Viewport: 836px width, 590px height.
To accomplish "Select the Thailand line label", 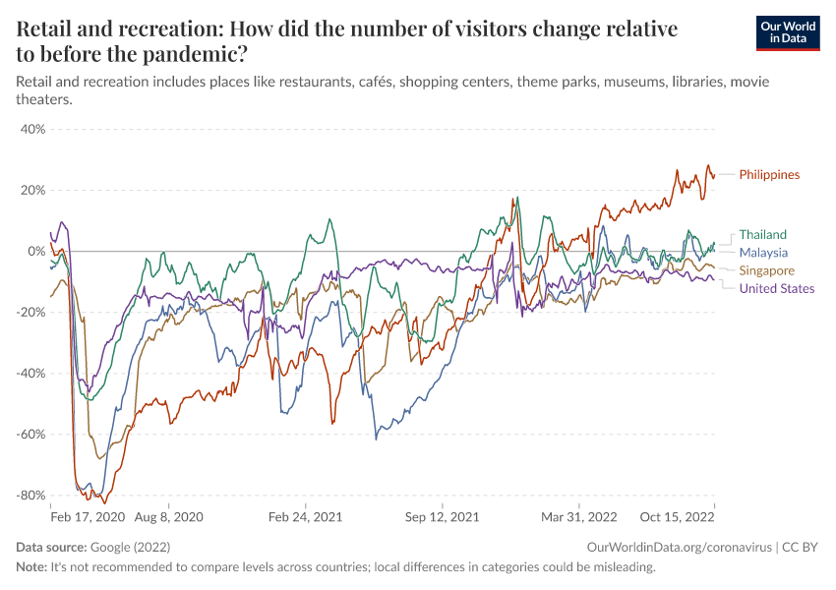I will click(762, 234).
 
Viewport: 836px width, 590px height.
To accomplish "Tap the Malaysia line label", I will click(763, 253).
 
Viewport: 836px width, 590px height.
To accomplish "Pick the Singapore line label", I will click(766, 270).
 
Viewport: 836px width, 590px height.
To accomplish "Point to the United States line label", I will click(776, 288).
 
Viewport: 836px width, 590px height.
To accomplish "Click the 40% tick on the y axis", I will click(32, 129).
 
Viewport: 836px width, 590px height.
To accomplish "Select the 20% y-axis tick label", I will click(32, 190).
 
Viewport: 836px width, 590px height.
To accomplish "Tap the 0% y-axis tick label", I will click(36, 251).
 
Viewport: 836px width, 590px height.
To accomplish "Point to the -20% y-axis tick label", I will click(30, 312).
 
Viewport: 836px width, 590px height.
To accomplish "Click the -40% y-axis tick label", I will click(30, 373).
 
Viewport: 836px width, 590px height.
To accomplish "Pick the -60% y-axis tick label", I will click(30, 434).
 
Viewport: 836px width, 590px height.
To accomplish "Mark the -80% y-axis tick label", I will click(30, 495).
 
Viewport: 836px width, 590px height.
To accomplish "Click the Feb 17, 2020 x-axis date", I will click(88, 515).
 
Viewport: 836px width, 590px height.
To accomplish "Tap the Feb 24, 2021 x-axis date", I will click(305, 515).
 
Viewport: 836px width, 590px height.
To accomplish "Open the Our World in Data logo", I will click(787, 32).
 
